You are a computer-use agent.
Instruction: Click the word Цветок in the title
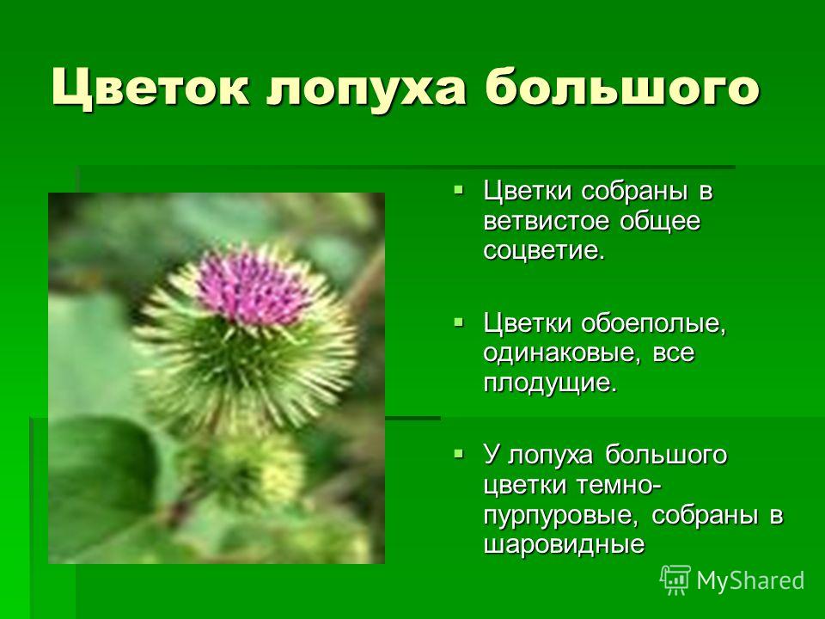[x=150, y=88]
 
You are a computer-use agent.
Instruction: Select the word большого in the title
[x=622, y=88]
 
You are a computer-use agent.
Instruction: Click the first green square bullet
[x=459, y=188]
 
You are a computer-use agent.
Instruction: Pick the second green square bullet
[x=459, y=321]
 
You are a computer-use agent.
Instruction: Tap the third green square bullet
[x=459, y=452]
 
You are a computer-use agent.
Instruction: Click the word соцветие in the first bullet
[x=544, y=250]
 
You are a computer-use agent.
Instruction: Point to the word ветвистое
[x=547, y=221]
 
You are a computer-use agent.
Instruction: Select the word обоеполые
[x=653, y=323]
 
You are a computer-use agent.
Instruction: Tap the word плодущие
[x=549, y=383]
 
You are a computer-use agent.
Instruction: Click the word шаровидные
[x=564, y=544]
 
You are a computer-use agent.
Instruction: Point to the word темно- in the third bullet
[x=619, y=485]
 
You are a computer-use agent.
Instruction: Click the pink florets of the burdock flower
[x=254, y=287]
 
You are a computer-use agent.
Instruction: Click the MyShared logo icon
[x=675, y=579]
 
